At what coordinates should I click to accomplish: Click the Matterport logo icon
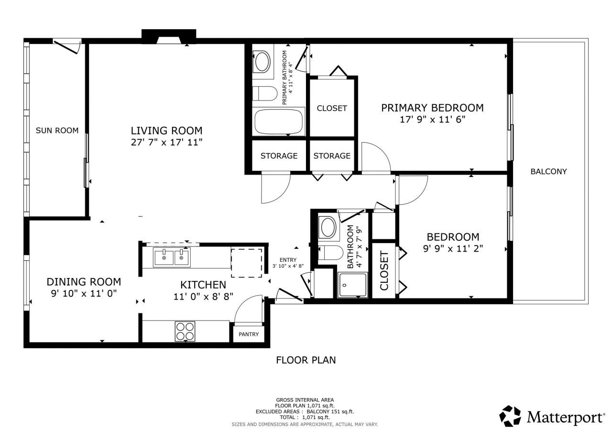pos(510,416)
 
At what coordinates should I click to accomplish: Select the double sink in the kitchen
pos(172,257)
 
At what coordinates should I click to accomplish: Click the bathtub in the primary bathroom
pos(279,122)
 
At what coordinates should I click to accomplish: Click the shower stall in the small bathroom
pos(352,285)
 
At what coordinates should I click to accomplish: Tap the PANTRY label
pos(249,334)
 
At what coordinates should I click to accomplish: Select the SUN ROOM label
pos(57,130)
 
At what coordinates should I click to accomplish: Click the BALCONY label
pos(548,171)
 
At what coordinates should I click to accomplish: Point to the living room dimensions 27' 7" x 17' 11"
pos(166,142)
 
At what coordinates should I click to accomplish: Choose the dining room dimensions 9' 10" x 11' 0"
pos(84,294)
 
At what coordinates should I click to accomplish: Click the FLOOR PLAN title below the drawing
pos(306,360)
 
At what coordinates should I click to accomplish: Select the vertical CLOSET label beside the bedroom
pos(384,270)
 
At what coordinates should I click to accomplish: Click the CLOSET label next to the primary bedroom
pos(332,108)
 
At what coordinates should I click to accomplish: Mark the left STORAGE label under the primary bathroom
pos(279,155)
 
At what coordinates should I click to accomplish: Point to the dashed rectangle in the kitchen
pos(247,262)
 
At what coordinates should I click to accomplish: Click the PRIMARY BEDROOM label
pos(432,108)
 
